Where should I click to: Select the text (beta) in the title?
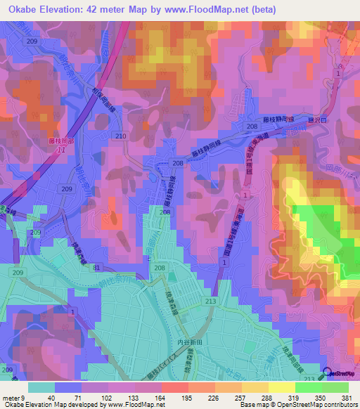click(262, 9)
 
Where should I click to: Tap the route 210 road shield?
click(120, 136)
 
